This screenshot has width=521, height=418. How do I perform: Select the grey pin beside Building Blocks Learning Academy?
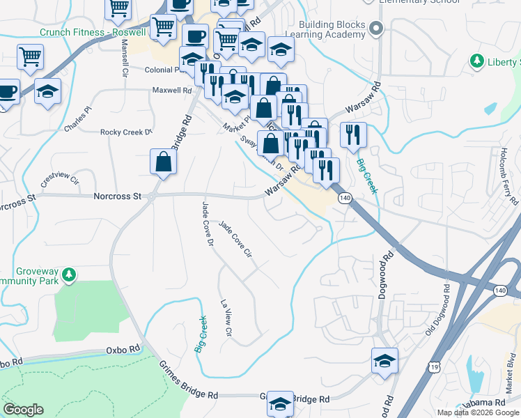[377, 29]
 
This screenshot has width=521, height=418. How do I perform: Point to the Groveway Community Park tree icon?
[68, 274]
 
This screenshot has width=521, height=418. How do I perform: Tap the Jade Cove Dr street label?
[206, 224]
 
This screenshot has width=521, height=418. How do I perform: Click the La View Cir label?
[226, 318]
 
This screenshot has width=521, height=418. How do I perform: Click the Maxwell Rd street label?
[172, 91]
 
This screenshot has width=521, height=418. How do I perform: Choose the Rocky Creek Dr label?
[126, 132]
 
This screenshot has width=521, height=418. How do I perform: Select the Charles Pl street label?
[78, 119]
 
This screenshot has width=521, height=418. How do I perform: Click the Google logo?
[24, 410]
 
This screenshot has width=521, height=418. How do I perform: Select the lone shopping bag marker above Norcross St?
[162, 163]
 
